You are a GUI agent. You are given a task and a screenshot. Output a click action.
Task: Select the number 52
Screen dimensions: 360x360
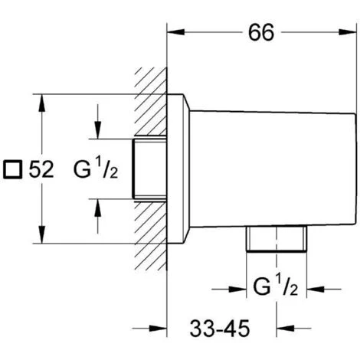tap(41, 169)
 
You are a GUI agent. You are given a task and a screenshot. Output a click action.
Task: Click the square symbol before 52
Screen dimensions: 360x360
tap(13, 169)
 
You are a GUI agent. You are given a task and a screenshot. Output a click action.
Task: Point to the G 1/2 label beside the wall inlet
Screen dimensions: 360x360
tap(95, 169)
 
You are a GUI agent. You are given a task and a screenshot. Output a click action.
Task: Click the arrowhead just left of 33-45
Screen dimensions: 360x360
tap(175, 332)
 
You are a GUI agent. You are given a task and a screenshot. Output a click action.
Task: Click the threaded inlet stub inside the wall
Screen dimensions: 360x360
tap(150, 169)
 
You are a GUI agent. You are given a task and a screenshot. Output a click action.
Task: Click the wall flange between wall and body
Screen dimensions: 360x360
tap(178, 169)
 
